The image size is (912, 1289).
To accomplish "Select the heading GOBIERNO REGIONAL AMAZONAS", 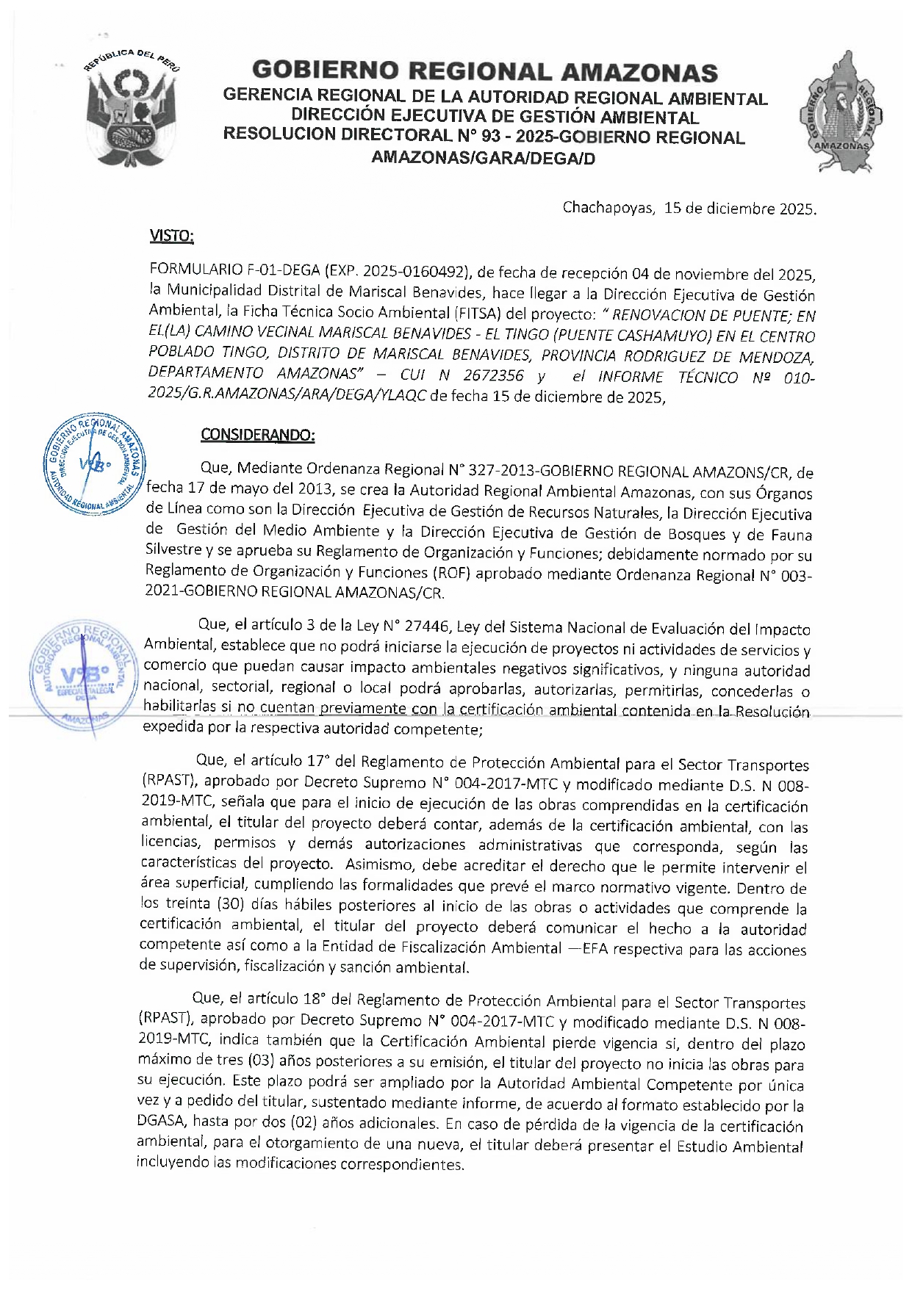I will [484, 72].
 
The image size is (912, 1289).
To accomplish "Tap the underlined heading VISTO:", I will [171, 236].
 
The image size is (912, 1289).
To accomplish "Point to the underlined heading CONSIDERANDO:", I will [258, 435].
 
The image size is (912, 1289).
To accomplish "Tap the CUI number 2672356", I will [493, 376].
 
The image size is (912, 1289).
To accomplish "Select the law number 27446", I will [426, 627].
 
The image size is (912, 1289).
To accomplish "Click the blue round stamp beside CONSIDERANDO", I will [94, 465].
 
